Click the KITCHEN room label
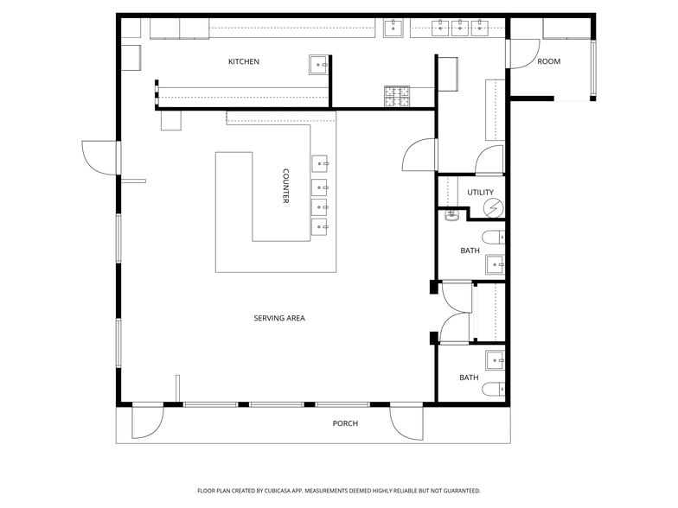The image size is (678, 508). tap(243, 61)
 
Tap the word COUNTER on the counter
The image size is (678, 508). tap(285, 186)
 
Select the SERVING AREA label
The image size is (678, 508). tap(278, 318)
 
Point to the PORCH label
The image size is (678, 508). tap(345, 423)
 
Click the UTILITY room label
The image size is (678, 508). tap(480, 192)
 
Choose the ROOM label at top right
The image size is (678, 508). tap(548, 61)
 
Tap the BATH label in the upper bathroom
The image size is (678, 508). tap(470, 251)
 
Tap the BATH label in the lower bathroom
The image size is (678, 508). tap(469, 378)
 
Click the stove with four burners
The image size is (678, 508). tap(397, 96)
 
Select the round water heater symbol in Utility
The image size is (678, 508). tap(493, 207)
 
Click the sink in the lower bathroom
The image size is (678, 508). tap(494, 359)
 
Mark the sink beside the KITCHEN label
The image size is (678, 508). tap(318, 64)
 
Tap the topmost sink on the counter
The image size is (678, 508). tap(319, 162)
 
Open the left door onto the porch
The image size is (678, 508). tap(147, 421)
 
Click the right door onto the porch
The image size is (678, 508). tap(405, 421)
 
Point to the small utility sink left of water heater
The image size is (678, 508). tap(451, 217)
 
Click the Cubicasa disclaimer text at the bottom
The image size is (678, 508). tap(338, 491)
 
